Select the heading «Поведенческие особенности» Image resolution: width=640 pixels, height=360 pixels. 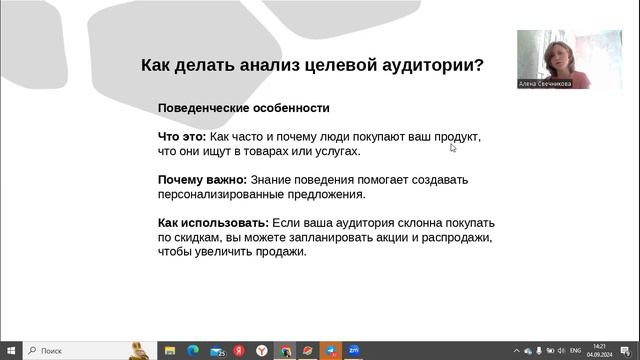(x=243, y=108)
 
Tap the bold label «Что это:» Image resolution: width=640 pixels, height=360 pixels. (x=182, y=137)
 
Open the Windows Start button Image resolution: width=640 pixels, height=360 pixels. (x=11, y=351)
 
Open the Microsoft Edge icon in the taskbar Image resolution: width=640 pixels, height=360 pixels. (x=193, y=351)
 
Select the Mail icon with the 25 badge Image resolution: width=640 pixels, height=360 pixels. (x=216, y=351)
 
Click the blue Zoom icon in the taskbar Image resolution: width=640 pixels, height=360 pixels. (x=354, y=351)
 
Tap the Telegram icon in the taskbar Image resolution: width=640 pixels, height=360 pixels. (x=331, y=351)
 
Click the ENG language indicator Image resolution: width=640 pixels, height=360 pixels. (x=575, y=351)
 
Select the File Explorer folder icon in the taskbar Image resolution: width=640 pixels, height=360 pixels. (x=170, y=351)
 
